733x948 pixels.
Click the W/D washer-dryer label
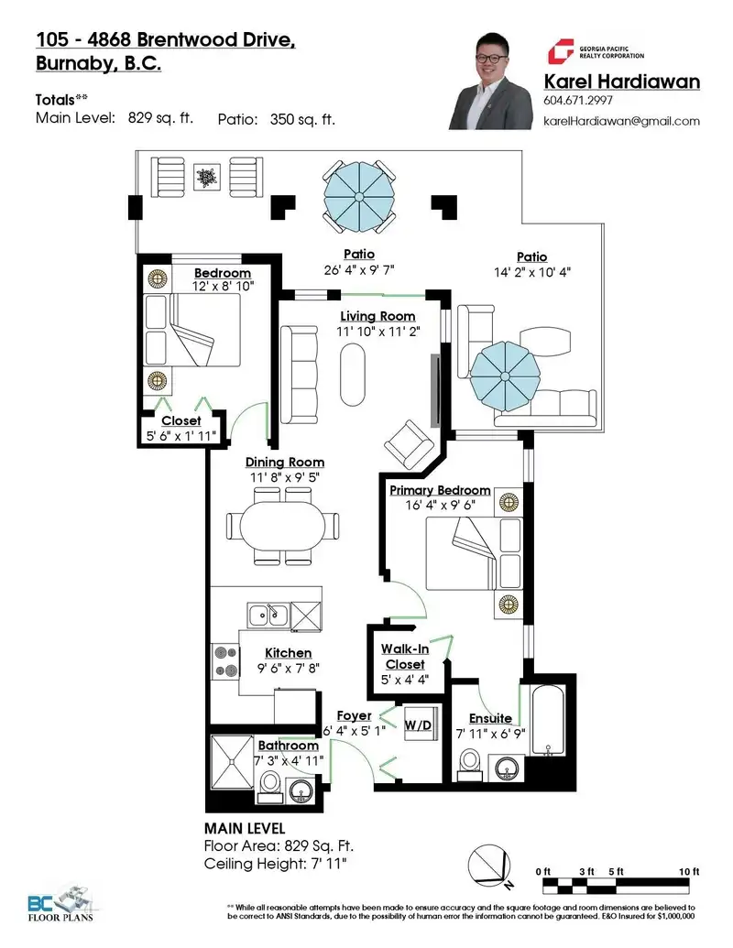(418, 725)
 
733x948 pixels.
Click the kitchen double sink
(268, 616)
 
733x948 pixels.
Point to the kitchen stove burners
(225, 661)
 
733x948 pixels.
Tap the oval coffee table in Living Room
(353, 375)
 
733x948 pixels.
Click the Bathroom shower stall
(232, 761)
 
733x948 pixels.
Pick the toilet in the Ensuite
(470, 764)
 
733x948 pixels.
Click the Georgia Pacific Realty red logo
(560, 51)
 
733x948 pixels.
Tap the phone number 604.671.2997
(578, 101)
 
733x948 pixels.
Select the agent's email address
(622, 121)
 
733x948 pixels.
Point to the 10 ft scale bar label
(689, 871)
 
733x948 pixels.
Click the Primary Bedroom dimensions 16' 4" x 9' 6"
(441, 505)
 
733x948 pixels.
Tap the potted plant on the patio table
(207, 177)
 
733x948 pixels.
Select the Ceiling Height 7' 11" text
(275, 864)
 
